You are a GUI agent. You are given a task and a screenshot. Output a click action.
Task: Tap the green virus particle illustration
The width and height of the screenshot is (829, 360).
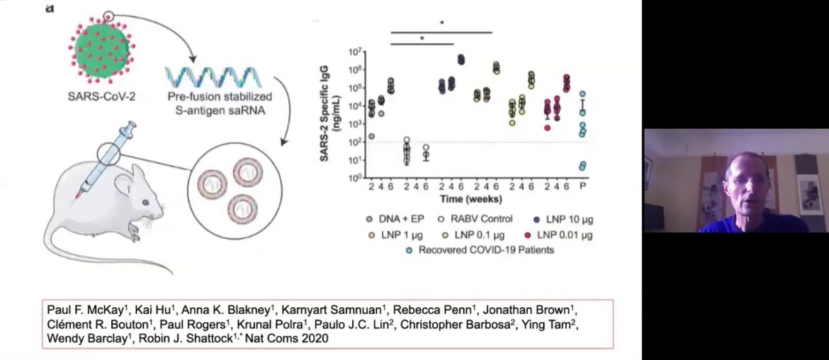click(102, 50)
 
